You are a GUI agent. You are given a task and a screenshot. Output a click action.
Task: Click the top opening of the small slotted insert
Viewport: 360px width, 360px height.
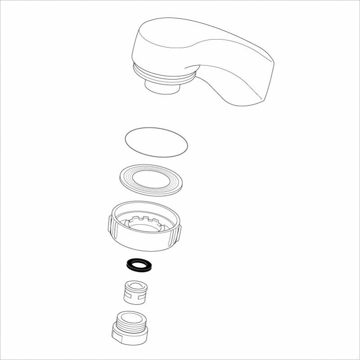coord(137,286)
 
